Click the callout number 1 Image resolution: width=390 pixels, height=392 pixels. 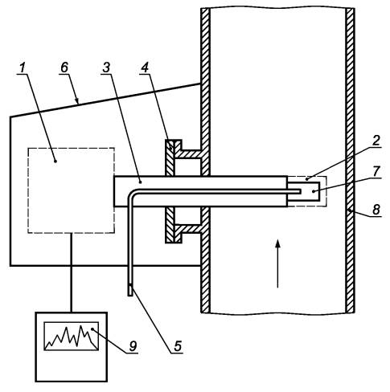tap(23, 67)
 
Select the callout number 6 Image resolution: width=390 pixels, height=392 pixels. tap(64, 67)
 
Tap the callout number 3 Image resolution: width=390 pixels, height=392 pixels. tap(106, 67)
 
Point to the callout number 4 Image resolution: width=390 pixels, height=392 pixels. tap(145, 67)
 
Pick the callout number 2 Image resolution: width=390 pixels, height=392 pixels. tap(376, 141)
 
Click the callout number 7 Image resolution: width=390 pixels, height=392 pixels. tap(376, 171)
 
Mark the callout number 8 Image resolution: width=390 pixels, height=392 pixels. tap(376, 209)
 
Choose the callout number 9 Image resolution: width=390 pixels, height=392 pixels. tap(133, 346)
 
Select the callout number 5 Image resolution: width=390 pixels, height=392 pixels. tap(178, 346)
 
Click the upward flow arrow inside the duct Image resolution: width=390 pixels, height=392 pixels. tap(277, 263)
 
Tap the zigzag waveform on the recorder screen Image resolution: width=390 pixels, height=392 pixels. tap(72, 337)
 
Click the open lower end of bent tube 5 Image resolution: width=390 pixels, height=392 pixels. tap(130, 296)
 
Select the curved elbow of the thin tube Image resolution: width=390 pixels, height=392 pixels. tap(132, 193)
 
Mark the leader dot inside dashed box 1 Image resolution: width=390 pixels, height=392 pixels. tap(55, 161)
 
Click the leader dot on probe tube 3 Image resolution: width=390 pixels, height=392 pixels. tap(140, 182)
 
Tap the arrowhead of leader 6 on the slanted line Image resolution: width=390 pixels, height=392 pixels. tap(77, 102)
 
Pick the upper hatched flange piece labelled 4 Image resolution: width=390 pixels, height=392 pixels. tap(170, 157)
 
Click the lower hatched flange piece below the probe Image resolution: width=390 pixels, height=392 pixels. tap(170, 225)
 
